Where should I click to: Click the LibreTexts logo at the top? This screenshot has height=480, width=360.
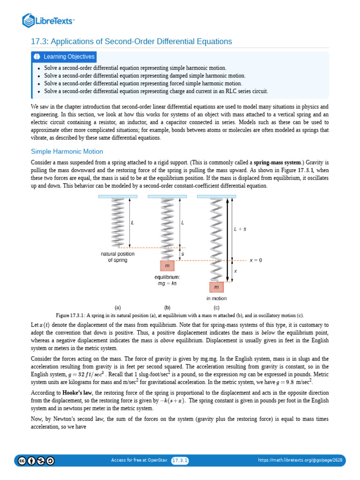48,20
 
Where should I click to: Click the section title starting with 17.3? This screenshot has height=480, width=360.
131,41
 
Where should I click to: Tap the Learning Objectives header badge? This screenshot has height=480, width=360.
64,57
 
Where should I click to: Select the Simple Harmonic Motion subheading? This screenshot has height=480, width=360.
67,151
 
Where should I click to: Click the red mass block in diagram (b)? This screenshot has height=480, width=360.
167,266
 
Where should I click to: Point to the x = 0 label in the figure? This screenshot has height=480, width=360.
255,260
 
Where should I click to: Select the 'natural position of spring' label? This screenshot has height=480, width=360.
118,257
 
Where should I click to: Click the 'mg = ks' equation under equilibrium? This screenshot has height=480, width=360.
167,283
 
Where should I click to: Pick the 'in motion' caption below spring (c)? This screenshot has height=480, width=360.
217,298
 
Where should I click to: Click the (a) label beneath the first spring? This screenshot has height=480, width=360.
118,307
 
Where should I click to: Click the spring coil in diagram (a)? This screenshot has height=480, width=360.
118,220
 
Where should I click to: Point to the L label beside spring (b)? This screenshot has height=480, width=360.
182,223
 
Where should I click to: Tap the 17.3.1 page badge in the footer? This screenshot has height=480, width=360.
180,460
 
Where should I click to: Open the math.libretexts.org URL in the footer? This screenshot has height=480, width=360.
300,460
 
